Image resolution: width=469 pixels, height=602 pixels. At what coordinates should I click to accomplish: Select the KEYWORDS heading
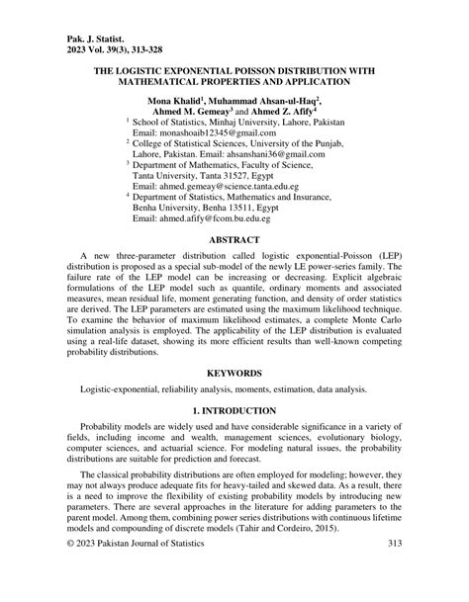point(234,401)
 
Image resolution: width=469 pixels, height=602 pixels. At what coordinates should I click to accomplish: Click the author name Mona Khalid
point(172,101)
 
